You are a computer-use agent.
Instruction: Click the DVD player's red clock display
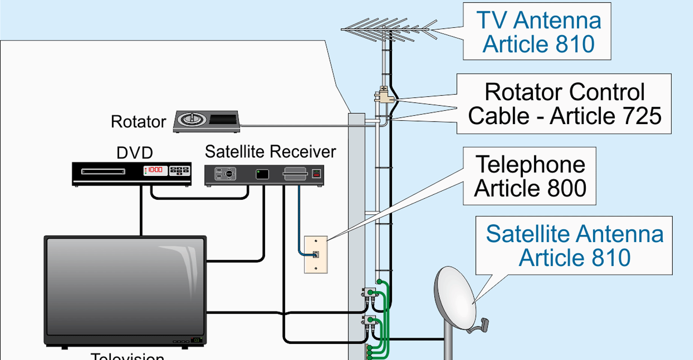155,170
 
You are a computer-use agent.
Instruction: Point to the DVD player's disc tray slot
103,171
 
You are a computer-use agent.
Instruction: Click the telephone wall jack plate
315,255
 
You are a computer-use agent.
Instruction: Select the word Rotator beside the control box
138,122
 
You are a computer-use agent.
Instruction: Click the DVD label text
135,153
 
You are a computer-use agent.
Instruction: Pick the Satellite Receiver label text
270,152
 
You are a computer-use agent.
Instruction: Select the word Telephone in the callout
530,164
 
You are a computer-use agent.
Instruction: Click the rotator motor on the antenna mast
383,96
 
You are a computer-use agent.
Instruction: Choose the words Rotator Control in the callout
564,92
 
